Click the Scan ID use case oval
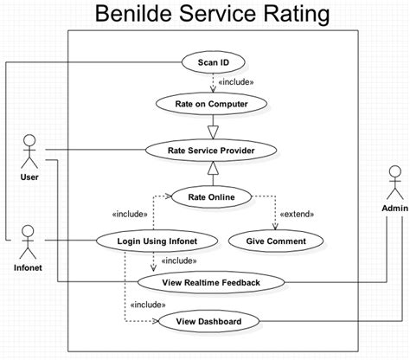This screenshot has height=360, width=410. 213,61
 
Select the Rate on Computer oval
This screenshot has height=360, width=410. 212,104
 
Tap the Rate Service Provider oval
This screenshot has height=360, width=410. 211,150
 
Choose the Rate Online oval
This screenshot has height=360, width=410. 212,196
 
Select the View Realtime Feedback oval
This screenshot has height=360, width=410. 211,281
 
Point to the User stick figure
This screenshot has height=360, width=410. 29,151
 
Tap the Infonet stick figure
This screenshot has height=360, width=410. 28,238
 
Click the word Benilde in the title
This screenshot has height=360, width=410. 138,15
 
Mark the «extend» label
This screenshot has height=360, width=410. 296,214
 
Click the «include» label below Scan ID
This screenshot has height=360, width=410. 236,83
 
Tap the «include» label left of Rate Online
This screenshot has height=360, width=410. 131,215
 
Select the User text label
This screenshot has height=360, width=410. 29,177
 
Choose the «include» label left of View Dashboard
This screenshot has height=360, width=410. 147,305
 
